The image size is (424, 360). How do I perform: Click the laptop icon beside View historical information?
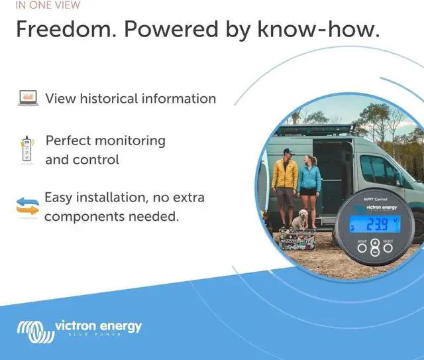coord(28,99)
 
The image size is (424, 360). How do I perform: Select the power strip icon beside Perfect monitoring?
coord(27,149)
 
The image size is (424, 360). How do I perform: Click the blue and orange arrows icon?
coord(28,207)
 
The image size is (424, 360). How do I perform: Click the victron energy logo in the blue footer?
coord(79,328)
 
